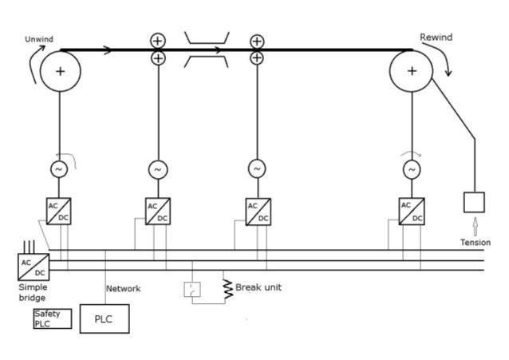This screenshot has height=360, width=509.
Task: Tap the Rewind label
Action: (436, 38)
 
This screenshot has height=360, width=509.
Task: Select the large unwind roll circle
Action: (60, 71)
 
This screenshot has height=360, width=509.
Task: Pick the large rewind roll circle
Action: (411, 71)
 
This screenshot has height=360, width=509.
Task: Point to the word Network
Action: (124, 289)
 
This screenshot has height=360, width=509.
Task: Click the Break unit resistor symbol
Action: (227, 288)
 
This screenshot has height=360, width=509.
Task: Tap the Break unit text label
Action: (258, 287)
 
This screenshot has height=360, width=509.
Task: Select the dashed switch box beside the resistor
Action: (193, 289)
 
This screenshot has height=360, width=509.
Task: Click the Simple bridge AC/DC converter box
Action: (34, 266)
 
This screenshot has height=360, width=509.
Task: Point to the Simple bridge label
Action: (34, 292)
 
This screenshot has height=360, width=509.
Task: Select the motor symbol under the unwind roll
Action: (58, 169)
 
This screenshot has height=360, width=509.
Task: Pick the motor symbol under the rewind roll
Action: (411, 169)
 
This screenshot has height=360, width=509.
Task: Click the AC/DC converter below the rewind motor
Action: (412, 211)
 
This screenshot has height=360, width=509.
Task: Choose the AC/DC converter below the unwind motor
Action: (58, 211)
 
